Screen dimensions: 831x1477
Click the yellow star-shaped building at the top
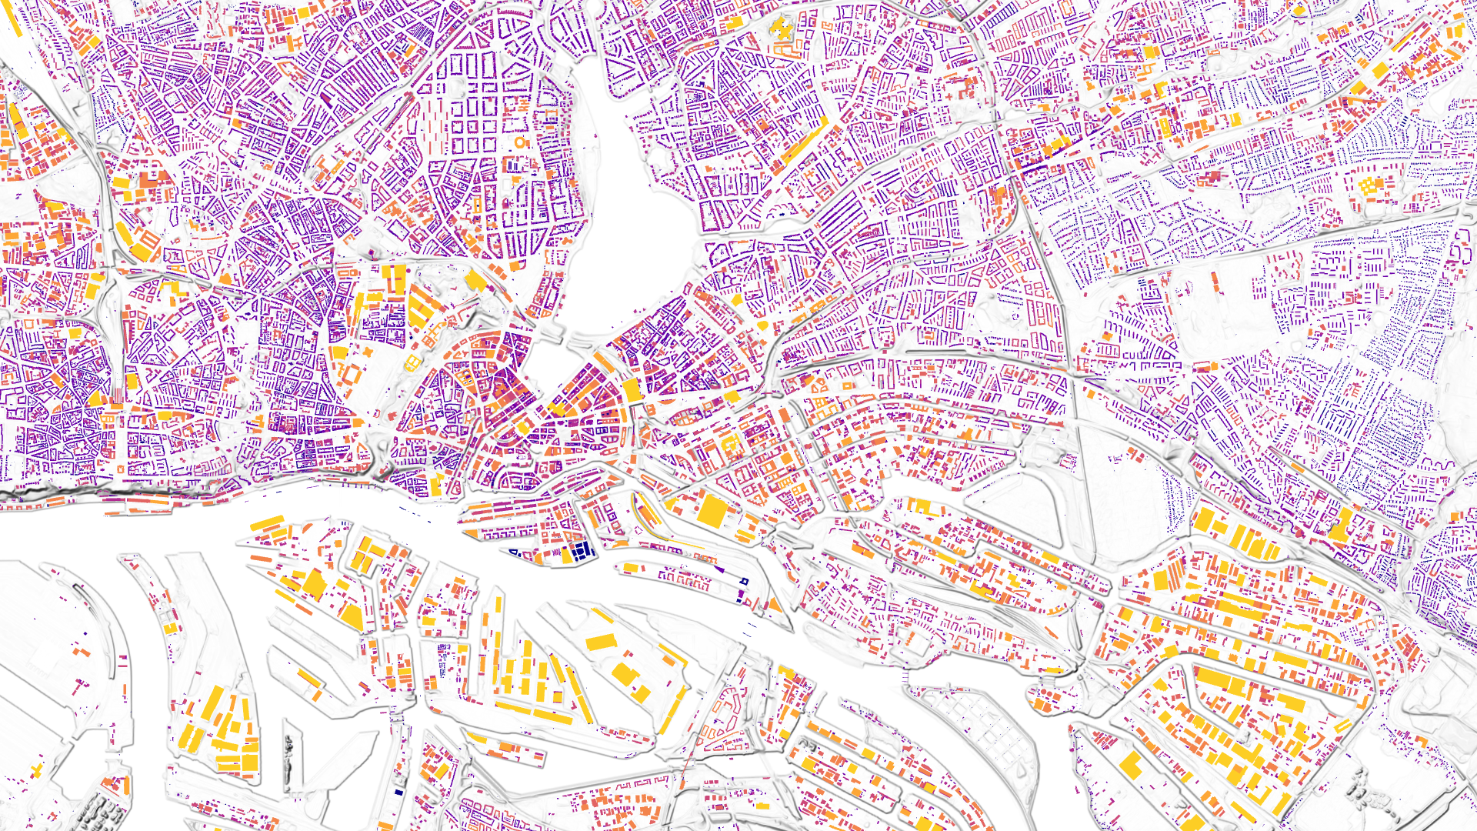(780, 28)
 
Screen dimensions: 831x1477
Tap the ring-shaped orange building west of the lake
(522, 143)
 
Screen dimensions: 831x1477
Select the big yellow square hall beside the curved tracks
(712, 510)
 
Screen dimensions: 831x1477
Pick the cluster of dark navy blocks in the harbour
(582, 550)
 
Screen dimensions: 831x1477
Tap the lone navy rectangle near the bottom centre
(398, 792)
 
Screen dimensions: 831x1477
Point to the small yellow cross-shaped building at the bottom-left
(37, 770)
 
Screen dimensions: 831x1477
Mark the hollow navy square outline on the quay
(744, 581)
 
